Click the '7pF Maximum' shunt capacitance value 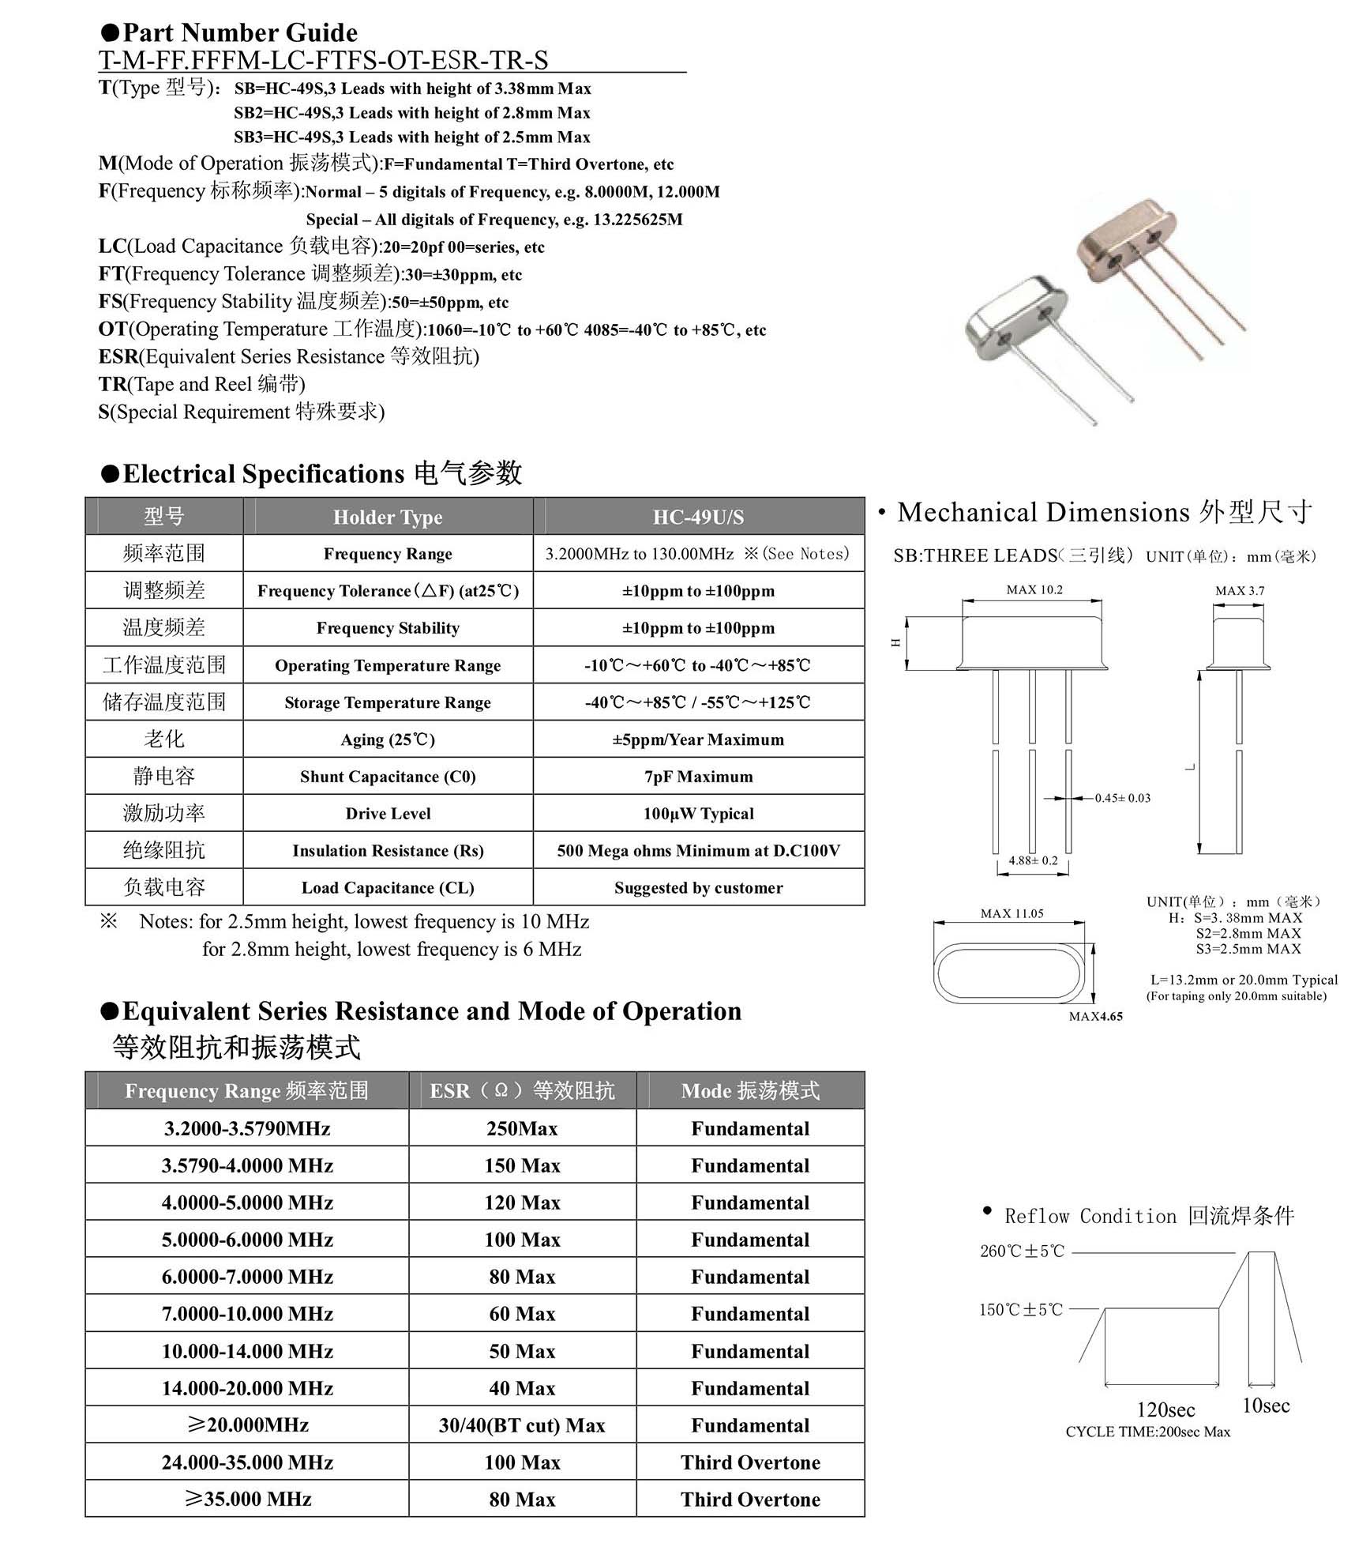(698, 777)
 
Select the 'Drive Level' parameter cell (388, 814)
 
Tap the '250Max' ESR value (522, 1128)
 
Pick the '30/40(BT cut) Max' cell (522, 1425)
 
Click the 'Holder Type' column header (388, 517)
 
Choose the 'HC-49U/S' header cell (698, 517)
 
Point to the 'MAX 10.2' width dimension (1034, 589)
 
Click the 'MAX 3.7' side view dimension (1239, 590)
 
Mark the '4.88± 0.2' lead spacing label (1033, 860)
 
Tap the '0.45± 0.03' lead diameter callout (1122, 798)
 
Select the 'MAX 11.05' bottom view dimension (1012, 913)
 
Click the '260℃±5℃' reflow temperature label (1022, 1251)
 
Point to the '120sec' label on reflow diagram (1165, 1410)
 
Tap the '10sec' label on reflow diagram (1265, 1406)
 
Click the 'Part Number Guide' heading (240, 32)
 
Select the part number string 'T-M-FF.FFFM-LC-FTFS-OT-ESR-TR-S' (323, 60)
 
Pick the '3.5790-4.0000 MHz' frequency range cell (247, 1165)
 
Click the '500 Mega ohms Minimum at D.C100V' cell (698, 851)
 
